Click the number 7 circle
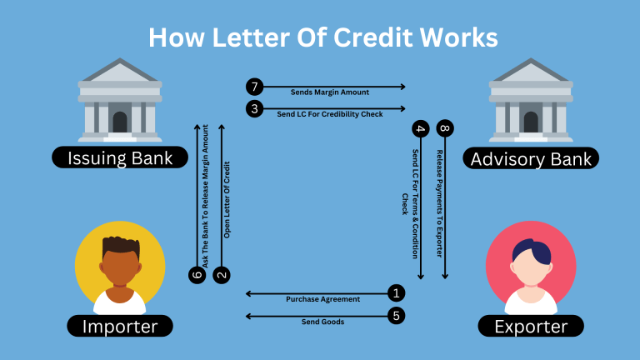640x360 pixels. coord(254,87)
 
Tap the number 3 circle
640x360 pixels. coord(254,108)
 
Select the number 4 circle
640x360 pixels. coord(420,129)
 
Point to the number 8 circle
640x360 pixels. coord(446,129)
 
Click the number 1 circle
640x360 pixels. coord(397,292)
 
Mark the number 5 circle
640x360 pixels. coord(397,315)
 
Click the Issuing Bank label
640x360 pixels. coord(120,157)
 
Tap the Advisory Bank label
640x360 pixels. coord(531,158)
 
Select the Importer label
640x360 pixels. coord(120,327)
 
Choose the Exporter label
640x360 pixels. coord(530,327)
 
